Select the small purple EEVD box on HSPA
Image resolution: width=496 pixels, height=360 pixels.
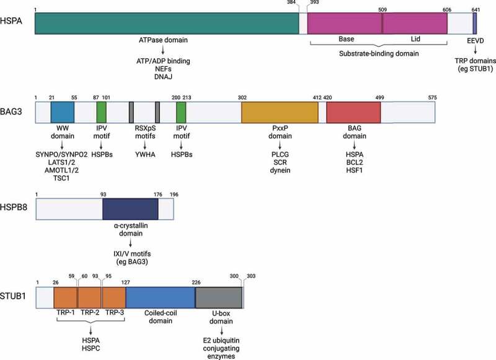pyautogui.click(x=475, y=23)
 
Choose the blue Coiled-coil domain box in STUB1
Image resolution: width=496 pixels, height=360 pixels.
pyautogui.click(x=161, y=297)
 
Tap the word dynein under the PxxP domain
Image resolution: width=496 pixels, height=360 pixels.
pyautogui.click(x=279, y=170)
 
